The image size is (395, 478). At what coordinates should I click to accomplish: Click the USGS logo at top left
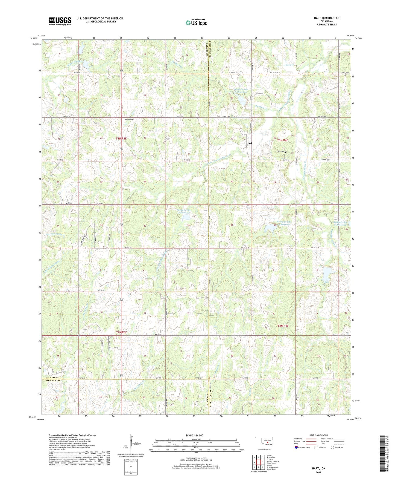(60, 21)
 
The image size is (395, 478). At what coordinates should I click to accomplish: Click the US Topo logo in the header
(196, 22)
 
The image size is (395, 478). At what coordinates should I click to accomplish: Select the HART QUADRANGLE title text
(326, 18)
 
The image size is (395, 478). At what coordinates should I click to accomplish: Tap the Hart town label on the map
(249, 143)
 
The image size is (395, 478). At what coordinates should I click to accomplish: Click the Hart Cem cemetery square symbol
(286, 152)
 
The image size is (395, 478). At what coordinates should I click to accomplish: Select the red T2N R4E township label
(283, 326)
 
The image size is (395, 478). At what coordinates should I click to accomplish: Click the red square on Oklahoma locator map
(268, 450)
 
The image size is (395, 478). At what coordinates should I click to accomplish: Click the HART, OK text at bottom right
(319, 468)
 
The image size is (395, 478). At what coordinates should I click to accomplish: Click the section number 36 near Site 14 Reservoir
(188, 225)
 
